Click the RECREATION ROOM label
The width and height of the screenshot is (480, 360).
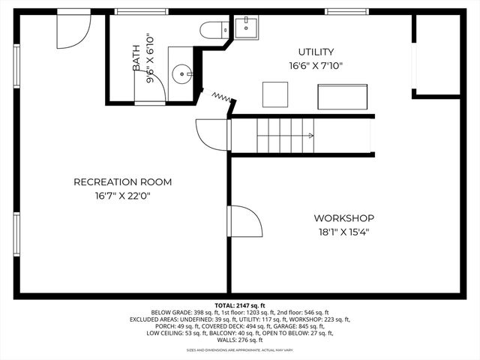click(122, 182)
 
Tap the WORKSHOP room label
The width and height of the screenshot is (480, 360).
click(343, 218)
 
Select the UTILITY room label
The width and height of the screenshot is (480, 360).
click(316, 52)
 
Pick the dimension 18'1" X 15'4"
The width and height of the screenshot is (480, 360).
click(343, 232)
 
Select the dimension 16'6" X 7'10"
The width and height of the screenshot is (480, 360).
click(316, 65)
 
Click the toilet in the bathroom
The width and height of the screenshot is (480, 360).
click(213, 31)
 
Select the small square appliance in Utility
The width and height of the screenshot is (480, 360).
click(274, 94)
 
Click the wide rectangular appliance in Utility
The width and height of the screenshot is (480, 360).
click(343, 97)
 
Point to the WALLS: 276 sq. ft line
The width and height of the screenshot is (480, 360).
click(239, 340)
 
